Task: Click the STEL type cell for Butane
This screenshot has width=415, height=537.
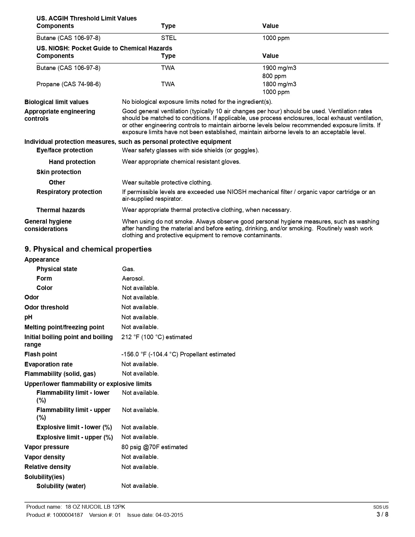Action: click(x=169, y=38)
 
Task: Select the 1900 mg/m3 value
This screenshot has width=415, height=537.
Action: click(x=279, y=68)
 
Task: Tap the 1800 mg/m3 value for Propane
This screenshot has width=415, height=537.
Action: click(x=279, y=84)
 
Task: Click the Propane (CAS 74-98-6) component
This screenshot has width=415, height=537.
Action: click(x=68, y=84)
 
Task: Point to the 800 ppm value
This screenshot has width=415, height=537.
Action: click(x=274, y=76)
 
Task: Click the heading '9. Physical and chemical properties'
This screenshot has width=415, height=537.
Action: click(x=88, y=249)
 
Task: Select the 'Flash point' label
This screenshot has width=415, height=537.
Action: click(x=41, y=354)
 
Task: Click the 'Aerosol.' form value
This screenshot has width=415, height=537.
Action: click(x=133, y=279)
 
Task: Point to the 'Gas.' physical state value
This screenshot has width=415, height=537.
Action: click(x=128, y=269)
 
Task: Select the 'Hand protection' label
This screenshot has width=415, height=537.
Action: click(x=72, y=162)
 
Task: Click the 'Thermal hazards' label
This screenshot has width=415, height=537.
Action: click(x=61, y=210)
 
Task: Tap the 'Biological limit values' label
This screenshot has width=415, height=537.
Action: click(x=56, y=102)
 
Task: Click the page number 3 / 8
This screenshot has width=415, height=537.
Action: click(x=382, y=515)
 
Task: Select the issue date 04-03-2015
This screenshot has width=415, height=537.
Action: click(x=169, y=515)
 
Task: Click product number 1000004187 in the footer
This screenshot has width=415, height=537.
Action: click(x=68, y=515)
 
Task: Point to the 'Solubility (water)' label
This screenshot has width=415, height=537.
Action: click(x=61, y=486)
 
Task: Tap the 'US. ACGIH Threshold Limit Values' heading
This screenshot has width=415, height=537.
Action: click(x=87, y=19)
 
